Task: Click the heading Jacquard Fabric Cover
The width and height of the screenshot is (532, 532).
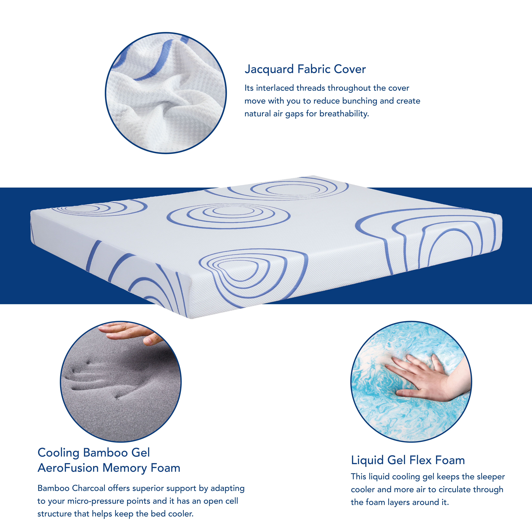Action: (x=305, y=69)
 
